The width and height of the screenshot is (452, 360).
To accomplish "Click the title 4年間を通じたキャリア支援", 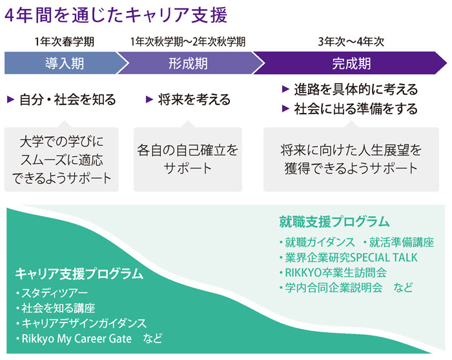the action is (x=116, y=15).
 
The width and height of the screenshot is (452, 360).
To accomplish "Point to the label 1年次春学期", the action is (x=65, y=42).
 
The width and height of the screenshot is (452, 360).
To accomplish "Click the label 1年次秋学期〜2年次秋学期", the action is (x=188, y=42).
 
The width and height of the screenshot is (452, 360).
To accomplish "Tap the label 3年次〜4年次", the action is (x=351, y=42).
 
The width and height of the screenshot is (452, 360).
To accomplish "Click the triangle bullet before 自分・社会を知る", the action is (x=11, y=99).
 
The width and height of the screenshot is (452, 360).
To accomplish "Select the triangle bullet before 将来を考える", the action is (x=149, y=99).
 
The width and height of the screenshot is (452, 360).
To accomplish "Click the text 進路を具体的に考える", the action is (x=356, y=89).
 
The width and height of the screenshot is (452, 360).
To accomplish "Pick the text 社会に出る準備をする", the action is (x=356, y=109).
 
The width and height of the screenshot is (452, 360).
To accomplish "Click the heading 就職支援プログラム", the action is (x=334, y=222).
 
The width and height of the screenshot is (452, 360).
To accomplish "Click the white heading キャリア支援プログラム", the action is (x=79, y=274).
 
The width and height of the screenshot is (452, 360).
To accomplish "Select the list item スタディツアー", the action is (x=52, y=293).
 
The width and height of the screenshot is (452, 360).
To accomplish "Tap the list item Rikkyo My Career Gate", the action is (x=74, y=339).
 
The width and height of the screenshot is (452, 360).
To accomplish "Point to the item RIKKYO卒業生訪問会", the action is (x=333, y=272).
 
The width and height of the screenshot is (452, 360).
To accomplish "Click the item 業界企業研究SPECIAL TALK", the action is (x=348, y=257).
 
